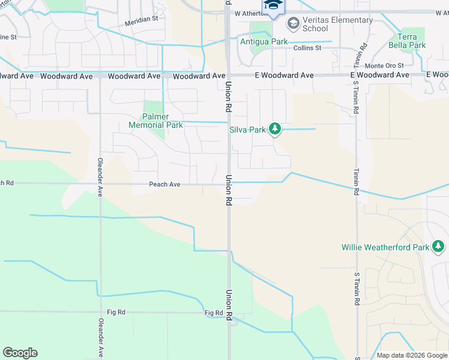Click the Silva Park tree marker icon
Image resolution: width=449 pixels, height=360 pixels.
[275, 128]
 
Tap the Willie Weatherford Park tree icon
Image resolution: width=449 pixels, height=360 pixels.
[438, 246]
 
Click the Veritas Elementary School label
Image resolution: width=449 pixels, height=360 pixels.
[337, 24]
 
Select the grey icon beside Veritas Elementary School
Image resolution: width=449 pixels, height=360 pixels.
[294, 23]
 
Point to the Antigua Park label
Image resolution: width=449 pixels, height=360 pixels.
[264, 42]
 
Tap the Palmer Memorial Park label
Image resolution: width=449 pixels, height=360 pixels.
[155, 121]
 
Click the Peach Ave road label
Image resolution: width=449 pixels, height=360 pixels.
[164, 185]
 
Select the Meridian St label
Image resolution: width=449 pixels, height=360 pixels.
[141, 19]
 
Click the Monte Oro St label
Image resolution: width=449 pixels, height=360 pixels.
[384, 65]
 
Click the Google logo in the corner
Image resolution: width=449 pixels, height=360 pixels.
[20, 353]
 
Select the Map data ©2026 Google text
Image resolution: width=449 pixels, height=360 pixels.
[412, 355]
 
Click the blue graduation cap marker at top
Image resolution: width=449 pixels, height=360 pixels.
[273, 5]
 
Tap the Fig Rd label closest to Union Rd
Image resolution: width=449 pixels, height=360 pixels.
[214, 313]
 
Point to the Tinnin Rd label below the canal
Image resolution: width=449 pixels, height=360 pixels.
[356, 182]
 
